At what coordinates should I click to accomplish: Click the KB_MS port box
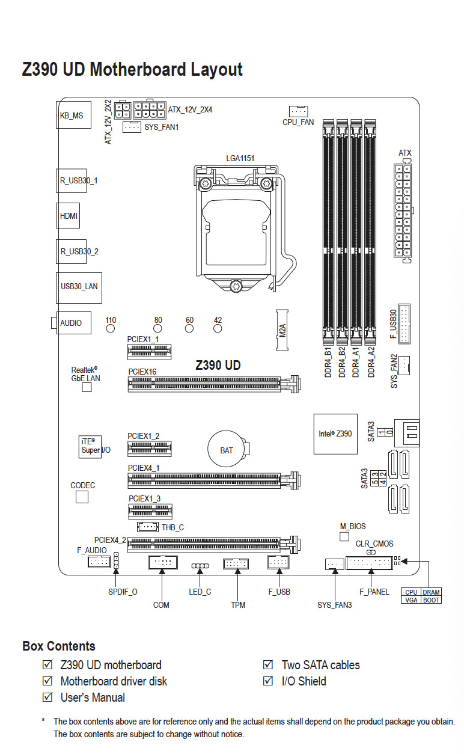(72, 114)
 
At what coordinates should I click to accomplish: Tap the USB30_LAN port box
(79, 286)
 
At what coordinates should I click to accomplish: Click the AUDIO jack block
(70, 323)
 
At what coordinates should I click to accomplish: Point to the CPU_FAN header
(298, 111)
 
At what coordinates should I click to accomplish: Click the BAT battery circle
(227, 450)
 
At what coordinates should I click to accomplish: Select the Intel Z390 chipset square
(335, 433)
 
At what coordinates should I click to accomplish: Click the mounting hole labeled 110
(111, 328)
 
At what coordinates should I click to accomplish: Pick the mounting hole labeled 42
(218, 328)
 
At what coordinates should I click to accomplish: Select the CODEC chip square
(82, 497)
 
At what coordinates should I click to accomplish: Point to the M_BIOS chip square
(344, 536)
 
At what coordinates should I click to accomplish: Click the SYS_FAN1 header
(132, 127)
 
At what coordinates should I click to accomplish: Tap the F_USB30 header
(404, 324)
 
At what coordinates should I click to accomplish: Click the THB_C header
(147, 527)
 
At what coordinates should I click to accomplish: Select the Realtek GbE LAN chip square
(86, 388)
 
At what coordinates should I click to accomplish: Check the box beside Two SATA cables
(268, 665)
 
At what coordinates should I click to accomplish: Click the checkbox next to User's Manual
(47, 697)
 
